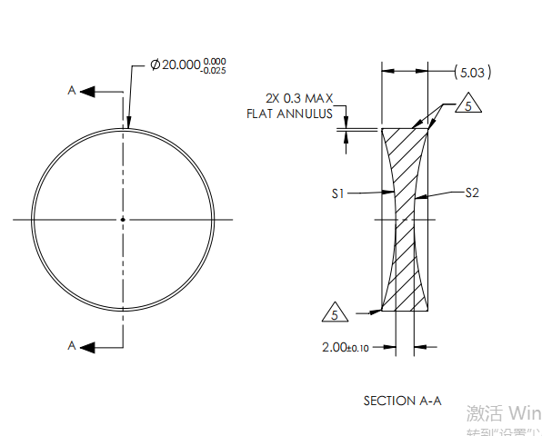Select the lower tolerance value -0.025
(x=216, y=72)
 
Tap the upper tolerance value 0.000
(x=216, y=62)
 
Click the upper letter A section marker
(x=71, y=91)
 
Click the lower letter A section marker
(x=71, y=345)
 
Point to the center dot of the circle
(x=122, y=219)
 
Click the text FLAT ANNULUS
(x=289, y=114)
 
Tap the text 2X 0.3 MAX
(x=299, y=98)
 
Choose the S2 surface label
(x=472, y=193)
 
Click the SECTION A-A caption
(x=402, y=400)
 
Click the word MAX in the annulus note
(x=319, y=98)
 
